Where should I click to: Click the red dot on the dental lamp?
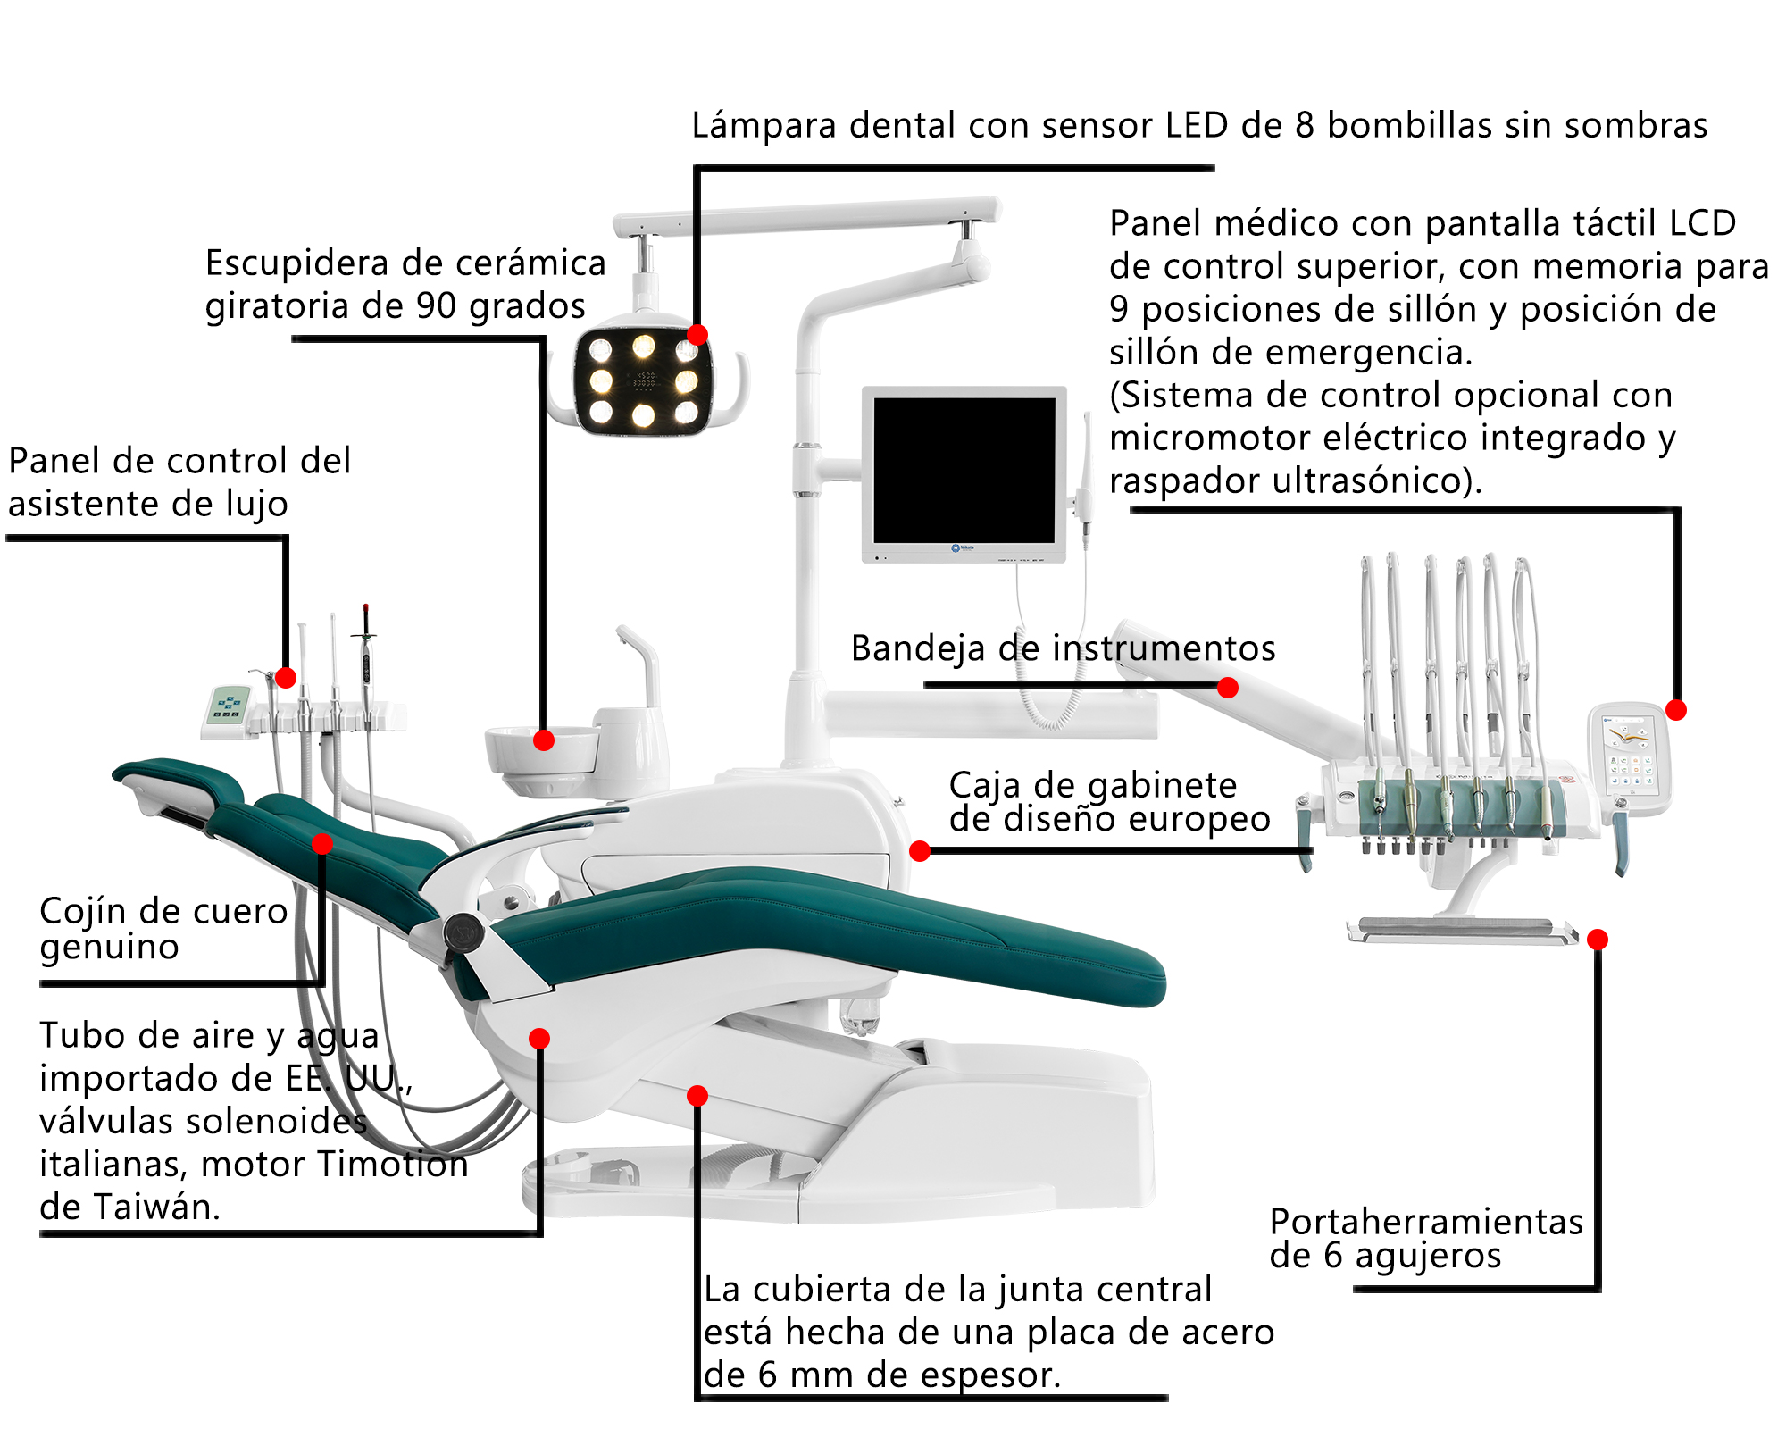[697, 335]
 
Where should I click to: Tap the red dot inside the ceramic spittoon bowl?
[544, 740]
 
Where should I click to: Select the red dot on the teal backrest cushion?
[322, 843]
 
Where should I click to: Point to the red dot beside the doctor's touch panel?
[1676, 710]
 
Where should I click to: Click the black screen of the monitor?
[964, 470]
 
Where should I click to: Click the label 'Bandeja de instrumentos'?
[1064, 649]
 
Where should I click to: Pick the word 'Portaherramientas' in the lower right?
[1426, 1221]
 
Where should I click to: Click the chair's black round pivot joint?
[463, 933]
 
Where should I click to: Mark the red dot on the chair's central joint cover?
[697, 1095]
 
